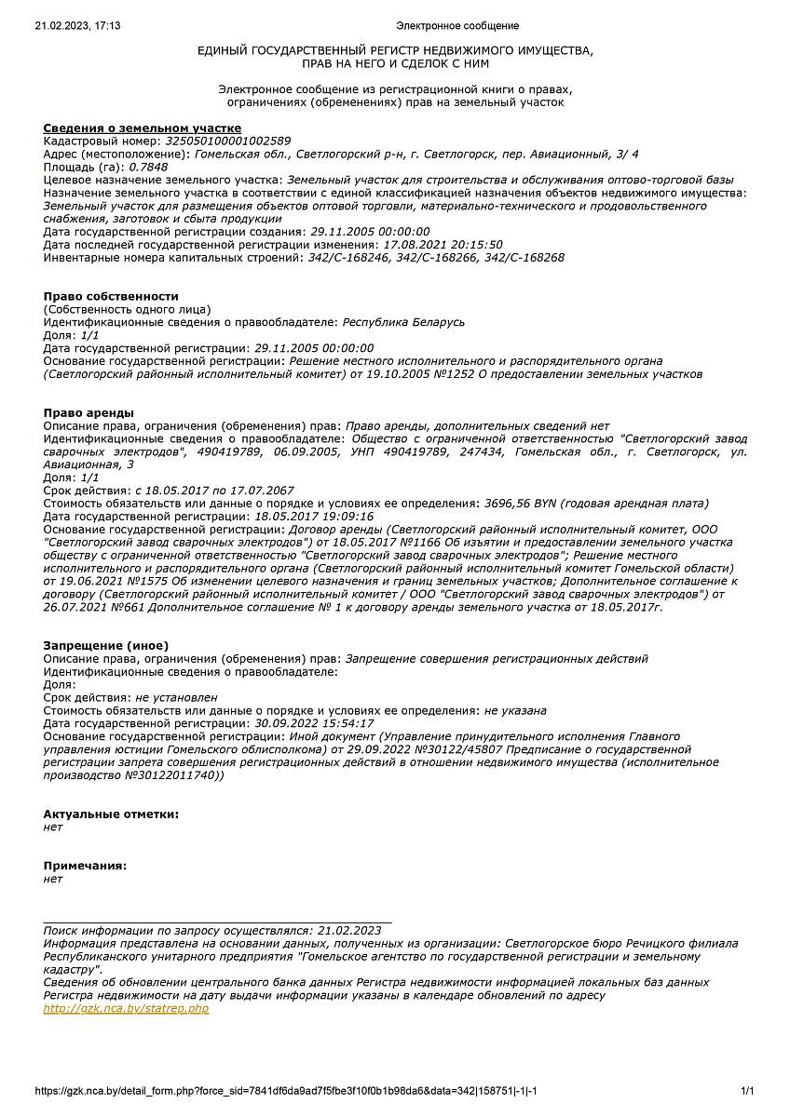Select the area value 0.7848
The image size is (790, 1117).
148,167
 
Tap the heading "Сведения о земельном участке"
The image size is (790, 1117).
142,128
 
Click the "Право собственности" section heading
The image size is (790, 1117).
111,296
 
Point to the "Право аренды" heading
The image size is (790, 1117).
89,412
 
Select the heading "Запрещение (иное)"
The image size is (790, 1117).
106,645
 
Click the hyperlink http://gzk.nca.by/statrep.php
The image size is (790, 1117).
126,1008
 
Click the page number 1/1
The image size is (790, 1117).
747,1091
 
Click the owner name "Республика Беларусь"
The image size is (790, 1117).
403,322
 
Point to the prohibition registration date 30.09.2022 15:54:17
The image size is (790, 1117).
314,722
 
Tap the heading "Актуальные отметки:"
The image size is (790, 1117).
111,814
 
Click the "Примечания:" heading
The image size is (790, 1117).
85,865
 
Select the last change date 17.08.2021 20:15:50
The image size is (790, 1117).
433,244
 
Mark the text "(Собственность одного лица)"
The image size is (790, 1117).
127,309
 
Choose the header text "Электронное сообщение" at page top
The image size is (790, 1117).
456,26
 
